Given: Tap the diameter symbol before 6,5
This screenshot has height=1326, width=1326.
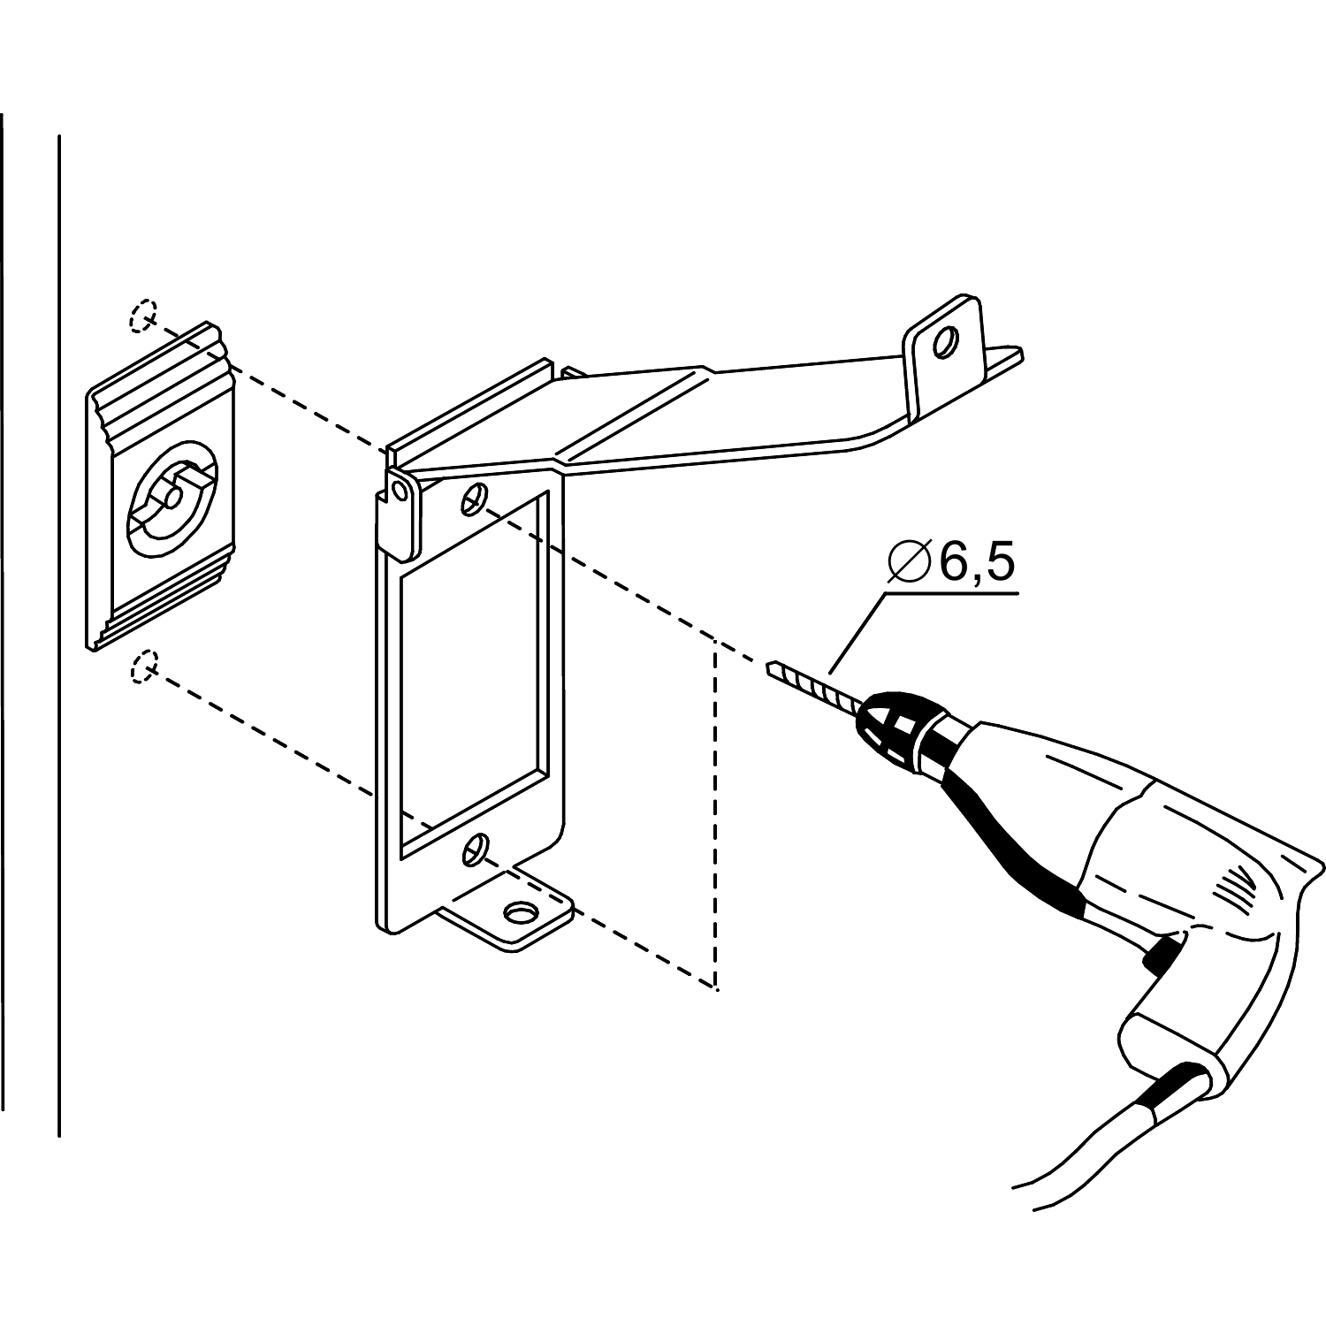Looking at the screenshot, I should pyautogui.click(x=909, y=563).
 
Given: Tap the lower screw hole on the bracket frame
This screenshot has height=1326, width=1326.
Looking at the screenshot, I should pyautogui.click(x=476, y=848).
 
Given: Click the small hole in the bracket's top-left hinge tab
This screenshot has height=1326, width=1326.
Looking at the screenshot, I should pyautogui.click(x=400, y=491).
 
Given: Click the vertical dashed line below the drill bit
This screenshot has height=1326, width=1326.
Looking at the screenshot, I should pyautogui.click(x=714, y=813).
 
